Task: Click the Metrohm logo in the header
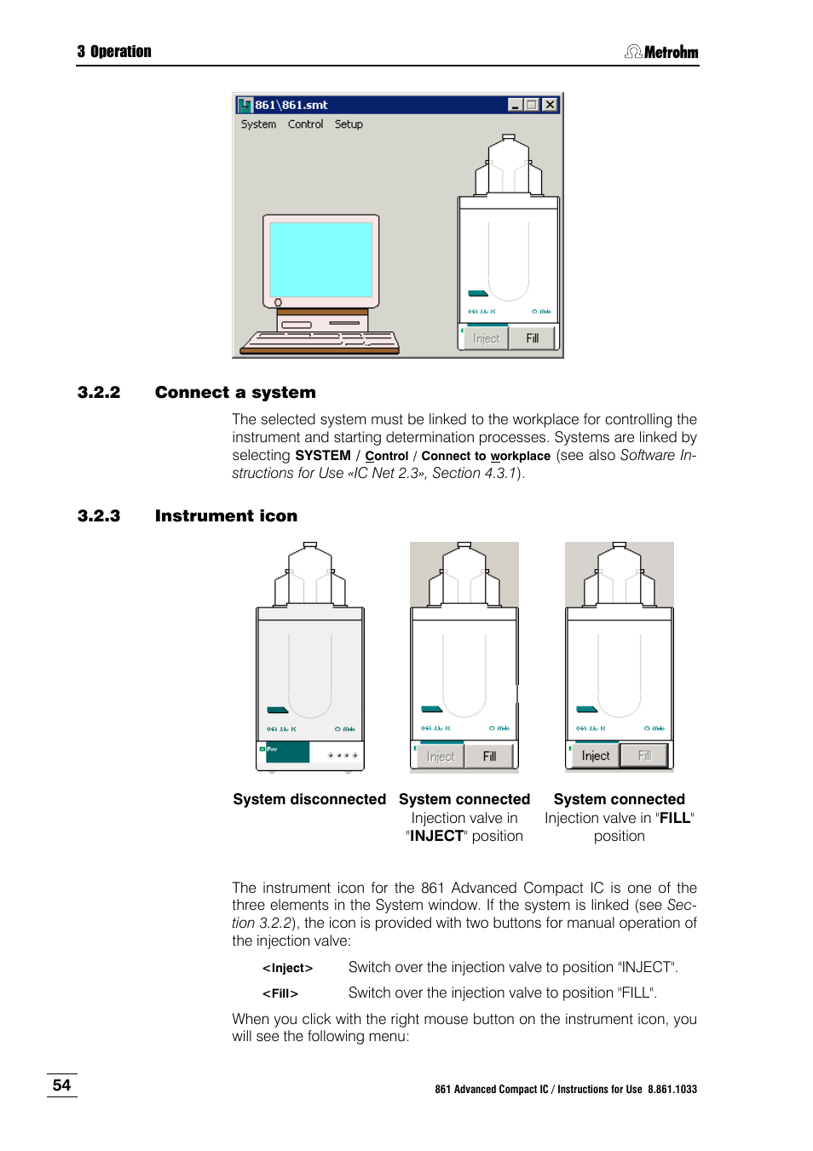[x=662, y=52]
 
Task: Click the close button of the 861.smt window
[x=550, y=105]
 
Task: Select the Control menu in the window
[x=305, y=124]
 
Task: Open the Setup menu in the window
[x=349, y=124]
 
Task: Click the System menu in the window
[x=258, y=124]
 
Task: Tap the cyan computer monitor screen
[x=320, y=259]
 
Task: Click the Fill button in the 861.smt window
[x=533, y=338]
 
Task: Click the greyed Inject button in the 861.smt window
[x=486, y=338]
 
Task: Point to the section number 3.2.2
[x=99, y=393]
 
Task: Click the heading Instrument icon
[x=226, y=516]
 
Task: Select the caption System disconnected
[x=309, y=799]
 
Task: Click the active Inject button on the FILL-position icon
[x=595, y=756]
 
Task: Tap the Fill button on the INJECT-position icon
[x=489, y=756]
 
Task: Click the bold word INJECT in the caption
[x=437, y=836]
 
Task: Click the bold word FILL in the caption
[x=675, y=818]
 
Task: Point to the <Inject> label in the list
[x=287, y=968]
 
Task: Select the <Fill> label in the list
[x=280, y=993]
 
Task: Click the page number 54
[x=61, y=1085]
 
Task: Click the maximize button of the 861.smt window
[x=532, y=105]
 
